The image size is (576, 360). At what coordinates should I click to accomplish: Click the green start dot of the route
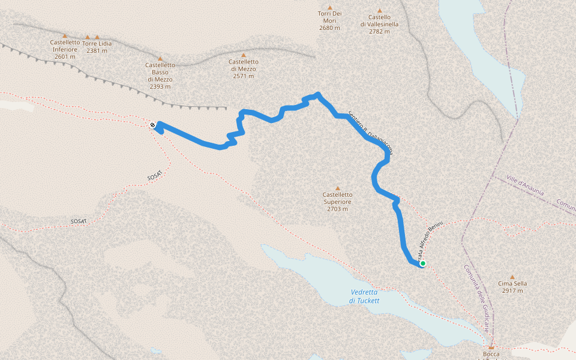(423, 263)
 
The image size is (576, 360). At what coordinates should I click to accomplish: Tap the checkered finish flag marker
(154, 125)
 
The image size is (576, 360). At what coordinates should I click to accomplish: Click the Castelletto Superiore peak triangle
(337, 188)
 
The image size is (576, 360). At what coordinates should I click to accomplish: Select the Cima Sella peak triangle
(512, 277)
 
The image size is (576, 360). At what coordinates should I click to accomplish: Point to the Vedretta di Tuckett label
(365, 296)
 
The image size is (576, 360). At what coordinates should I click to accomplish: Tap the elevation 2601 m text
(65, 57)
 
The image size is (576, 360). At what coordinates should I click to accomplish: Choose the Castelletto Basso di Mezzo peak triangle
(160, 59)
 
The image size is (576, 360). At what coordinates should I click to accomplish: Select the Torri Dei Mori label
(329, 17)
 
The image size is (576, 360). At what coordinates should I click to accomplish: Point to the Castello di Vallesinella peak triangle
(380, 10)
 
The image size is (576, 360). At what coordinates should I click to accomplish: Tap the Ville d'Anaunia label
(525, 185)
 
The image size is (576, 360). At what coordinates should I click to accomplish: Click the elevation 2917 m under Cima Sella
(512, 291)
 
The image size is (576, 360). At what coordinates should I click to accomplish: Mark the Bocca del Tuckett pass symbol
(491, 347)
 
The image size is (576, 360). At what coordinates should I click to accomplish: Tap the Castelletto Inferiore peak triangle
(65, 36)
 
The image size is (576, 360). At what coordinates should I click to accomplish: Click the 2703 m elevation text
(338, 209)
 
